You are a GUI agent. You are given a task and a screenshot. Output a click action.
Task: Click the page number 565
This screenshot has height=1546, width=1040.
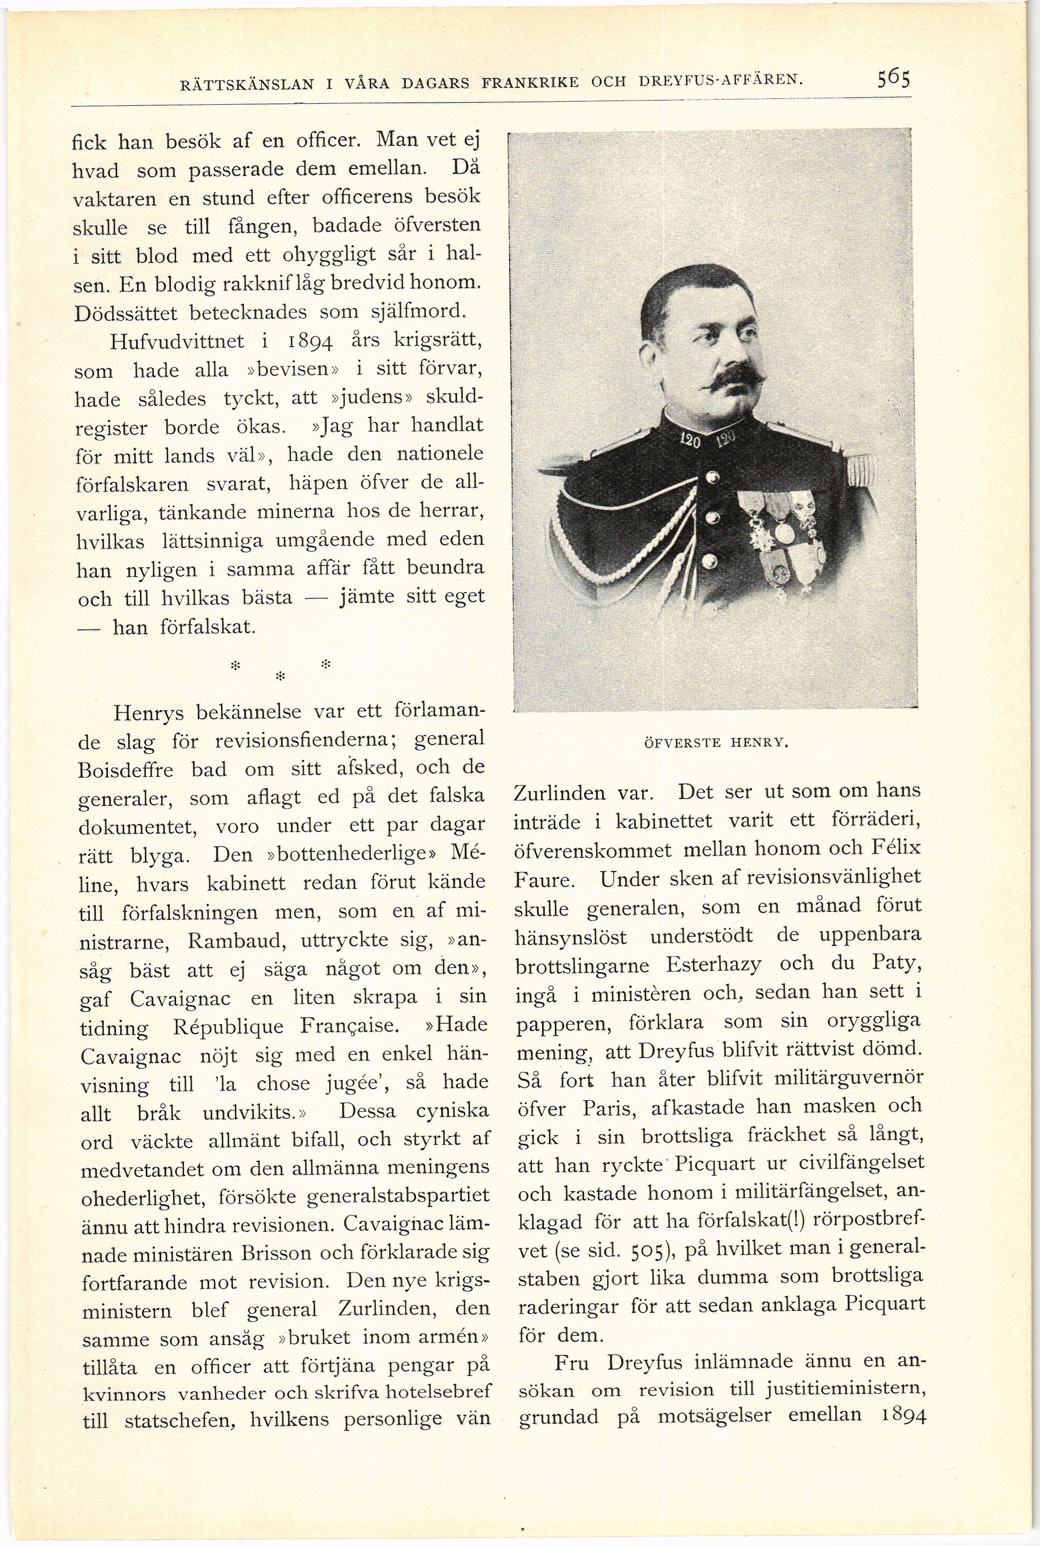pyautogui.click(x=893, y=80)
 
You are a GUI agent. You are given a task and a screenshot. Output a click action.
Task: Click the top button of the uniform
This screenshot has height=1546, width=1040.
pyautogui.click(x=712, y=477)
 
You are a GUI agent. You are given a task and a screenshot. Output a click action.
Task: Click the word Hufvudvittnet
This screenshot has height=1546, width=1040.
pyautogui.click(x=177, y=342)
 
